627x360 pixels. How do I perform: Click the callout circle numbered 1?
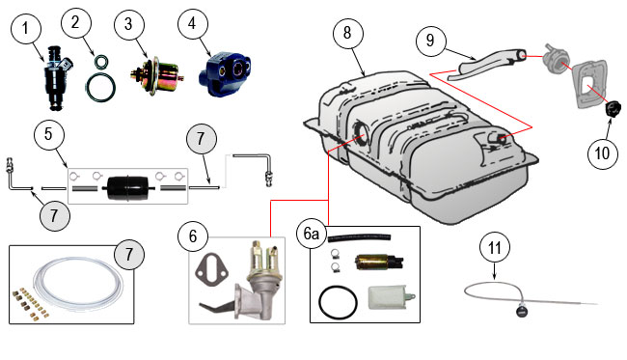26,28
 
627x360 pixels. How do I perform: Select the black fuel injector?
59,78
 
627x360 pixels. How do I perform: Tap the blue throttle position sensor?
225,73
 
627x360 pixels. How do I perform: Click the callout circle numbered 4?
193,23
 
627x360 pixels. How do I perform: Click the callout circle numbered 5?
49,134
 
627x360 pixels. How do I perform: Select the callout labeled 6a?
312,234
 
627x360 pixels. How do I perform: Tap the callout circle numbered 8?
347,33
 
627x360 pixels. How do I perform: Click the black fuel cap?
613,109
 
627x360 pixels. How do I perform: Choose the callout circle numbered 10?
603,153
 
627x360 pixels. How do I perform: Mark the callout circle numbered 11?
495,248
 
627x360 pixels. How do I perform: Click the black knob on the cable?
522,311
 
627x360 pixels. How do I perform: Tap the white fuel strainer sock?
392,297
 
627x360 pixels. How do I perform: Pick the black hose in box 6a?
359,238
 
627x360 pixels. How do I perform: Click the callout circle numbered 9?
430,41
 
